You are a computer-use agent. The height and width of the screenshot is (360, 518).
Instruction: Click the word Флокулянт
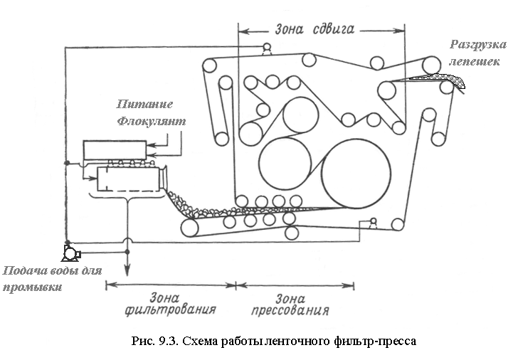152,121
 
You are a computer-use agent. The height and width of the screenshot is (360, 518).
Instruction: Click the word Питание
144,104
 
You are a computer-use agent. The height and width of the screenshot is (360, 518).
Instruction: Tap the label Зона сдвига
314,29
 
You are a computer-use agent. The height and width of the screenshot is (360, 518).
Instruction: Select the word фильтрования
170,310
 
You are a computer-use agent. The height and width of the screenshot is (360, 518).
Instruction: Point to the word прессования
290,310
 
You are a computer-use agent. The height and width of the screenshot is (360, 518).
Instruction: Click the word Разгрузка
477,45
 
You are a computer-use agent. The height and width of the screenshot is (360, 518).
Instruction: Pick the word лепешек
474,61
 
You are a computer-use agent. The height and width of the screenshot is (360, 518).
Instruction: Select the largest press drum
356,174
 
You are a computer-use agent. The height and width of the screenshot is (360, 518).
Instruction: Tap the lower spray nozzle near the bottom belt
374,223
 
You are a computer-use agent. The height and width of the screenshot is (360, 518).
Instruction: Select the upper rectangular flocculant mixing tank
115,150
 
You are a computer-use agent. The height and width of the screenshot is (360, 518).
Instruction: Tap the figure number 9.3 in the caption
169,341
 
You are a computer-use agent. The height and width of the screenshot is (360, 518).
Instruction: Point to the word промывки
33,287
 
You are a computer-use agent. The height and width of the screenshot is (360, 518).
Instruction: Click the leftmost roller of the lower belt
190,228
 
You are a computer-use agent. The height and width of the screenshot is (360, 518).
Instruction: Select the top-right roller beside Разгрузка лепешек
433,65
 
